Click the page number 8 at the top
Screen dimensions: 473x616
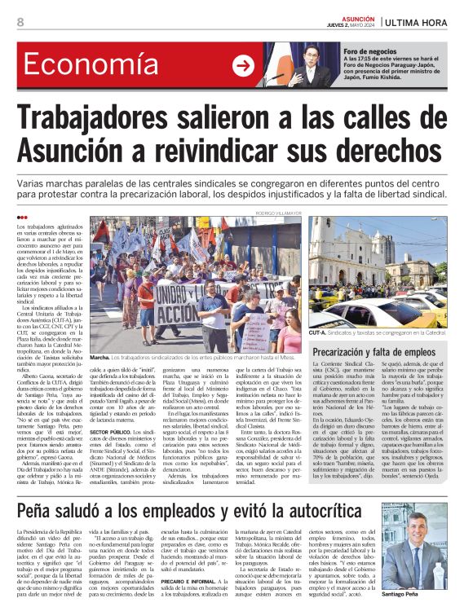coord(20,22)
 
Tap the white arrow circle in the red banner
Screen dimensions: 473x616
coord(243,66)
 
